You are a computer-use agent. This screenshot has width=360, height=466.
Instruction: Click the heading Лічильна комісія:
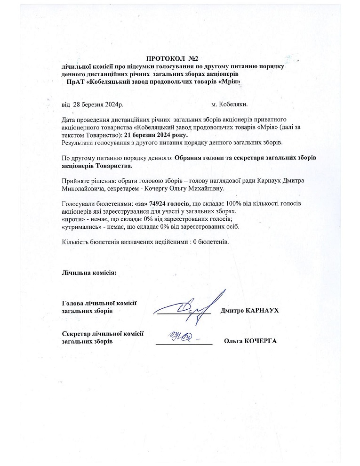tap(89, 273)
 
